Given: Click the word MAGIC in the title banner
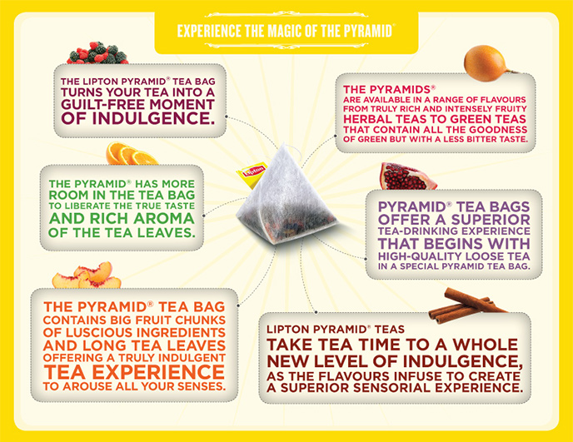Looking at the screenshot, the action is (x=285, y=31).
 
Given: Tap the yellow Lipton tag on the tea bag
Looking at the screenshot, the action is (x=252, y=175).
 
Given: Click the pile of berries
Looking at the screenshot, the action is (x=97, y=53).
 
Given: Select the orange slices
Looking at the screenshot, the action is (x=131, y=153).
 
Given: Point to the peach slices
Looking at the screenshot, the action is (x=87, y=276).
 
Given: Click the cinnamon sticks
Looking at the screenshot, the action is (x=469, y=305).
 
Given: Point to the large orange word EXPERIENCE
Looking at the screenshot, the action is (x=158, y=372).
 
